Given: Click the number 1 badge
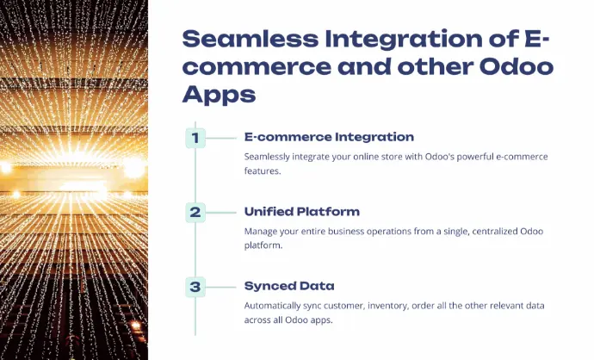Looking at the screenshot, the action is [x=195, y=138].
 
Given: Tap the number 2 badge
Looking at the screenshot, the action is [x=195, y=212].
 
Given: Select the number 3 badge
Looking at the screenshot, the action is [x=195, y=287].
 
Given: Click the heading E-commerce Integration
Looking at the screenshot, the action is [x=329, y=137].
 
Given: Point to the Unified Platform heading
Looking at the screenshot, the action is [x=302, y=212].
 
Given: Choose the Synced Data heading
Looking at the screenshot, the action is [x=289, y=286].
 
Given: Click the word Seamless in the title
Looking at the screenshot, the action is [x=251, y=39].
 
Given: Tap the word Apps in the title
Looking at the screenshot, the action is [x=219, y=95].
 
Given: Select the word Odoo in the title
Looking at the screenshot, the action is [x=517, y=66].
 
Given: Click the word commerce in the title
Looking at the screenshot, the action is [x=257, y=67].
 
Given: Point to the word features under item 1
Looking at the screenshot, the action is [x=263, y=171].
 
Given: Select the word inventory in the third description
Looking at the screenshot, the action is [x=388, y=306].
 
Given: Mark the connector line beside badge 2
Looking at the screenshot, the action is [x=221, y=213].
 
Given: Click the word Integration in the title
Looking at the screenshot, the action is [x=404, y=40].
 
